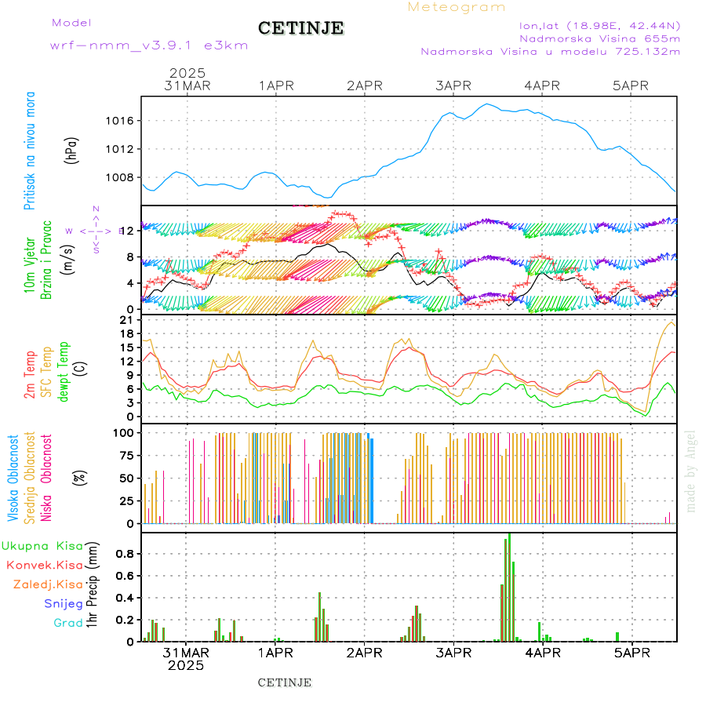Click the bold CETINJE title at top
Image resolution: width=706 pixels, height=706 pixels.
[301, 28]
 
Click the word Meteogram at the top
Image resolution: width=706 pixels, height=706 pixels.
[457, 7]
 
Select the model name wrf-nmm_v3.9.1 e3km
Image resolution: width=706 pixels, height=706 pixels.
[149, 45]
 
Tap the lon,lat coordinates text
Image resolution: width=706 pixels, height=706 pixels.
[599, 24]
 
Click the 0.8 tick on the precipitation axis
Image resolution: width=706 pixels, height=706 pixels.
[125, 554]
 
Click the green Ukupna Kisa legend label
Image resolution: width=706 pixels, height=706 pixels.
[42, 546]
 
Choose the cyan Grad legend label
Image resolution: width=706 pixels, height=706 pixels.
[68, 623]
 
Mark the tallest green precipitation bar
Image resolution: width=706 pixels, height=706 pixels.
[509, 587]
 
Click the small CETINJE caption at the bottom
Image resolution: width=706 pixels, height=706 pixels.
[285, 682]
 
